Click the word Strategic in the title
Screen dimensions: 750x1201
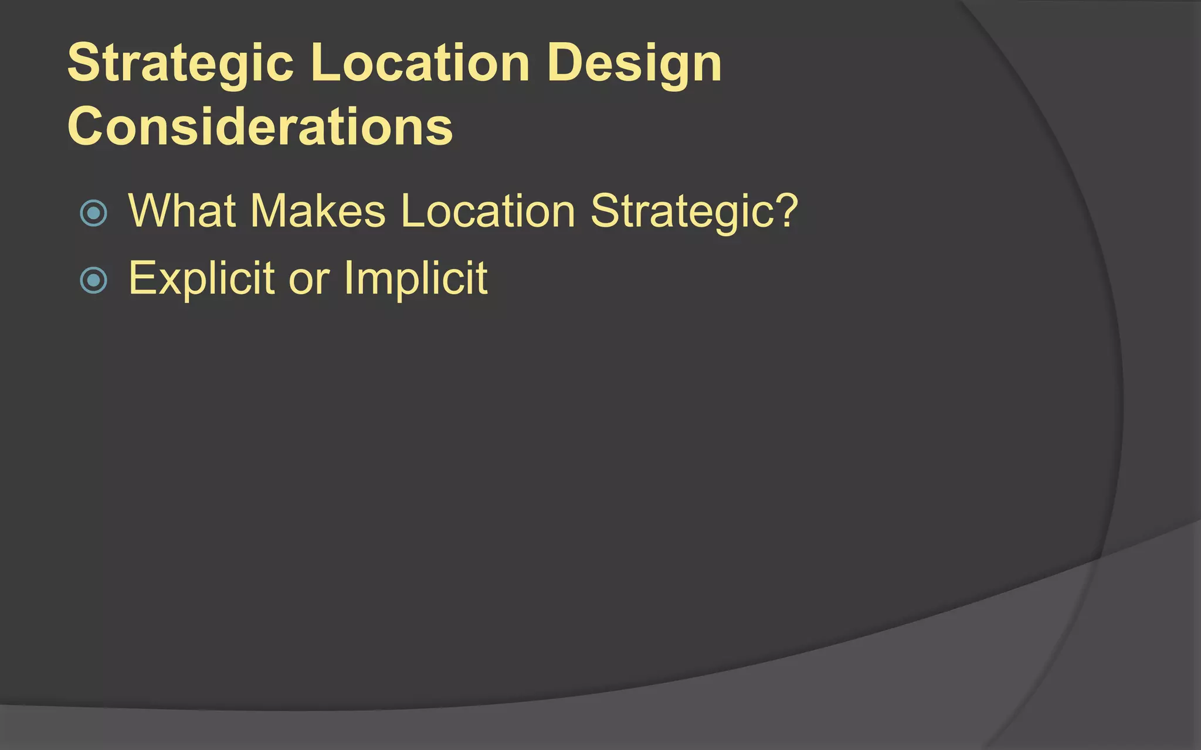click(180, 63)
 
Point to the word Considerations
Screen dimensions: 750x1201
click(260, 127)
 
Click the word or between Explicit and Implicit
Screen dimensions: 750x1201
click(309, 279)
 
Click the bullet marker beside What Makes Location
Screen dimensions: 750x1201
click(93, 213)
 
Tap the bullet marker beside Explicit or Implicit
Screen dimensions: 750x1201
click(93, 280)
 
